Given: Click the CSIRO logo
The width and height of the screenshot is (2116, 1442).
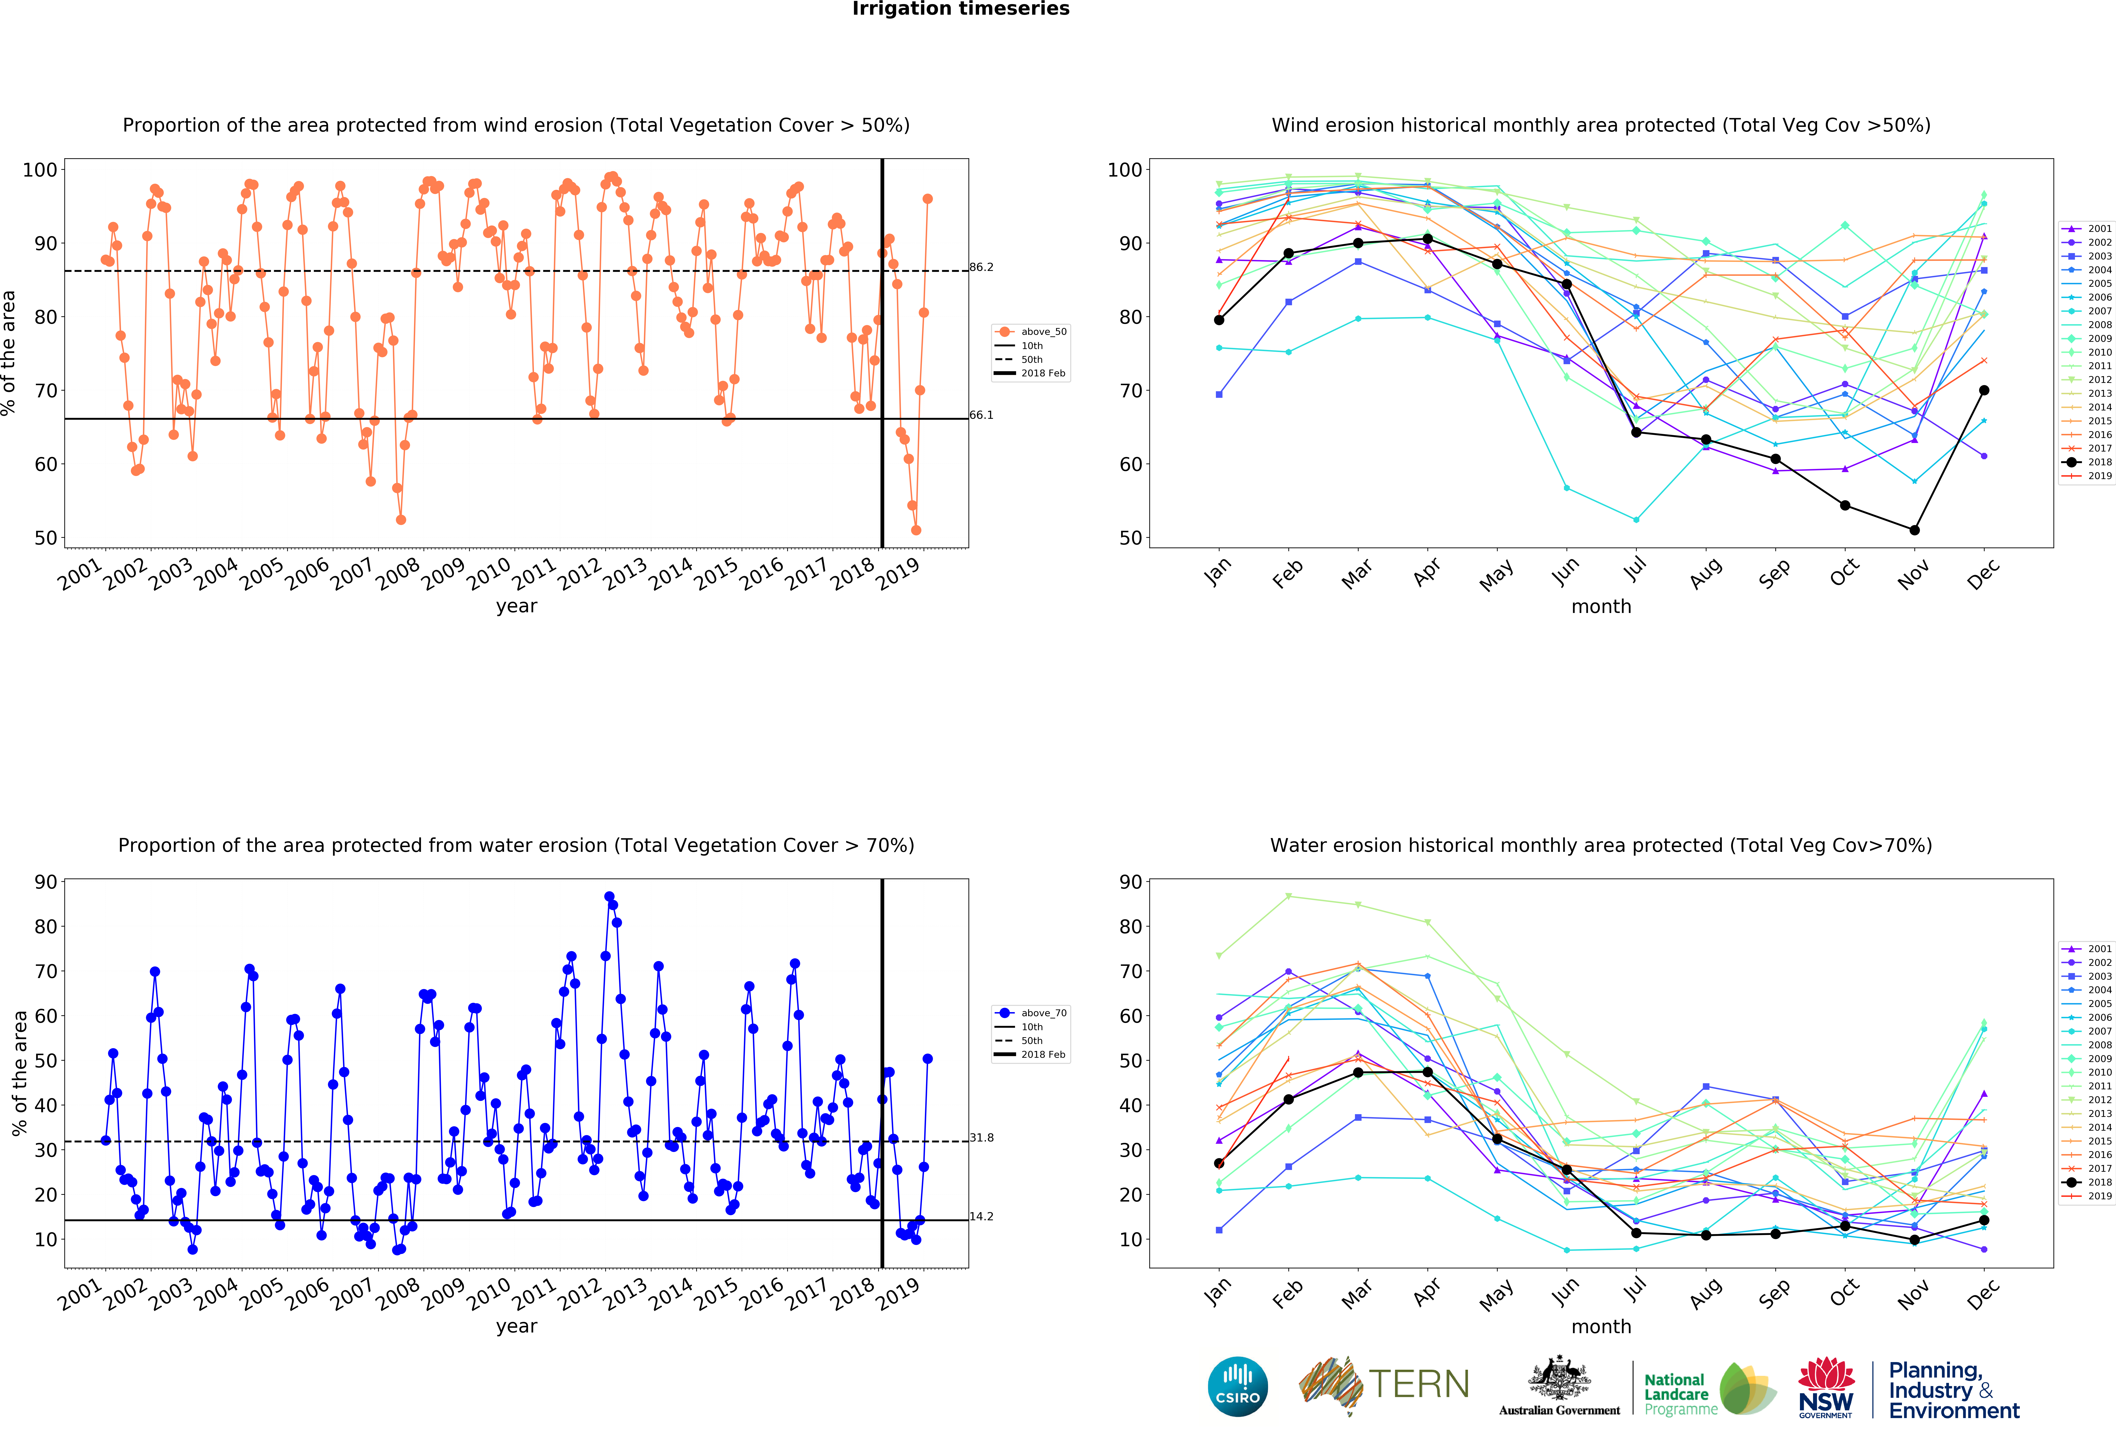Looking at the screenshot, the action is (1237, 1386).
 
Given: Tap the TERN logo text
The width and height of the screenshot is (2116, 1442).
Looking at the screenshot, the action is (1419, 1385).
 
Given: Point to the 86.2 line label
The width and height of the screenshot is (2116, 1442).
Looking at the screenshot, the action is (982, 267).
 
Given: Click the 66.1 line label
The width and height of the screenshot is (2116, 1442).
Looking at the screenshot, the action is (982, 415).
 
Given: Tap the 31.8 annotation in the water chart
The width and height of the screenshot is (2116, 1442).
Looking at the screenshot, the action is (982, 1138).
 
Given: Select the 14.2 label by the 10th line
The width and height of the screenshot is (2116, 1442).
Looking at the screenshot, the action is (982, 1216).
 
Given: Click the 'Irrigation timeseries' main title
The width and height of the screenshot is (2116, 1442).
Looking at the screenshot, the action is (961, 9).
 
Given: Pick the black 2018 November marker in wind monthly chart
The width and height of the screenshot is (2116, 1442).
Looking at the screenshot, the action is (1915, 530).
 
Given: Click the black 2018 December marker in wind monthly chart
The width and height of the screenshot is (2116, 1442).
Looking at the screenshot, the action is (1984, 391).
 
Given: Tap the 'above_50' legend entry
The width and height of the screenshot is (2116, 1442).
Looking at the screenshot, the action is (1032, 331).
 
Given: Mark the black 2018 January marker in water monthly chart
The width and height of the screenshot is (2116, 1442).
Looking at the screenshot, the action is (1219, 1163).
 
